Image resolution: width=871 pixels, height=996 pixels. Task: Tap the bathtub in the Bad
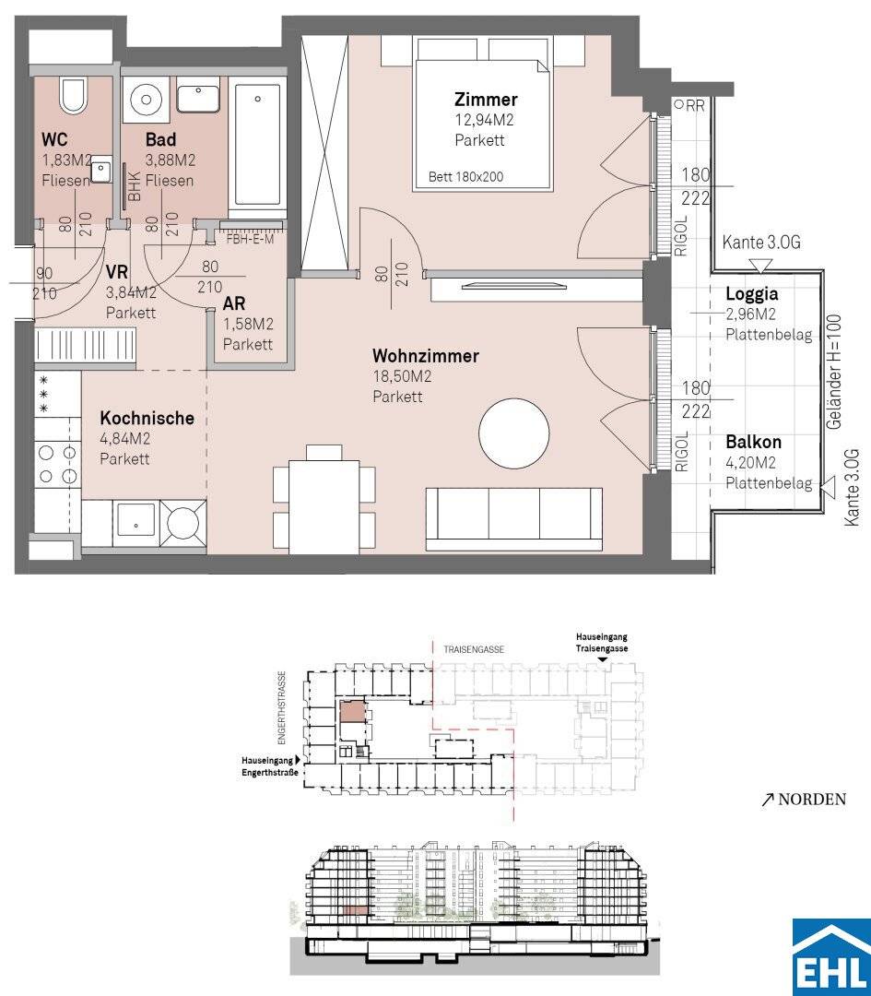pyautogui.click(x=257, y=144)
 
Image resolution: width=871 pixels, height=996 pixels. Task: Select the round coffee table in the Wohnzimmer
pyautogui.click(x=513, y=433)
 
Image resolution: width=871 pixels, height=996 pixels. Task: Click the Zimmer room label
pyautogui.click(x=486, y=99)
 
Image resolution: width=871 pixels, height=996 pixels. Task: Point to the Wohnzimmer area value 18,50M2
pyautogui.click(x=402, y=376)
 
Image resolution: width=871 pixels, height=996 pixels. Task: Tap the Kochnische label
pyautogui.click(x=147, y=418)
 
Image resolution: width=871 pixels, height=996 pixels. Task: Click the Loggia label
pyautogui.click(x=752, y=294)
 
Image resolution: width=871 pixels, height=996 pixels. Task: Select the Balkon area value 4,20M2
pyautogui.click(x=750, y=462)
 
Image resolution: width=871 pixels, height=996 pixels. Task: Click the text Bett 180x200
pyautogui.click(x=466, y=177)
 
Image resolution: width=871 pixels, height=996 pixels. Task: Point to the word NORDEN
pyautogui.click(x=812, y=799)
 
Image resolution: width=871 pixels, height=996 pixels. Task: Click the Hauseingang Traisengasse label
pyautogui.click(x=602, y=643)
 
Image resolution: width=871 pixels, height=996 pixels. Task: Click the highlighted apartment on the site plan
pyautogui.click(x=354, y=712)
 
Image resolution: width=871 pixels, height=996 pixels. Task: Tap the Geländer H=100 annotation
pyautogui.click(x=835, y=372)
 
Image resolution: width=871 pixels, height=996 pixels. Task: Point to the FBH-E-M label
pyautogui.click(x=250, y=240)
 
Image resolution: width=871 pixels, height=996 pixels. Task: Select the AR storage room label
pyautogui.click(x=234, y=303)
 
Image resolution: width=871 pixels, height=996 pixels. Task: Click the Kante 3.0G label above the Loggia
pyautogui.click(x=761, y=243)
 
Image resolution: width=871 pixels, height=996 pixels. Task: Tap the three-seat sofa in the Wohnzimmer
pyautogui.click(x=513, y=519)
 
